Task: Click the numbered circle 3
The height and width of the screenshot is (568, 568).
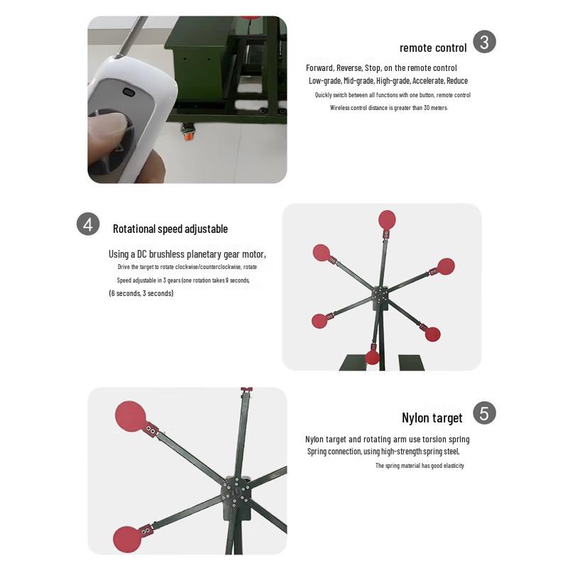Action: pyautogui.click(x=484, y=42)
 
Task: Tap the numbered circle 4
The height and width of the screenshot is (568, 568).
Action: pyautogui.click(x=88, y=224)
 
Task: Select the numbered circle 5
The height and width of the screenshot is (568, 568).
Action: pyautogui.click(x=484, y=413)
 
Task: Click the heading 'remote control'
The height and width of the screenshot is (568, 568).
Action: pyautogui.click(x=433, y=48)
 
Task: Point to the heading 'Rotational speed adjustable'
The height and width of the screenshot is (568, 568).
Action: pyautogui.click(x=170, y=229)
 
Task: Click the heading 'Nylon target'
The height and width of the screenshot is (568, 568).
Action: pyautogui.click(x=432, y=418)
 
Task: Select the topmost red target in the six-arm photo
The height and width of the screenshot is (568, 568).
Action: pyautogui.click(x=387, y=219)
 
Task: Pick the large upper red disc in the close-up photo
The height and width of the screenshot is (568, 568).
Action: pyautogui.click(x=130, y=415)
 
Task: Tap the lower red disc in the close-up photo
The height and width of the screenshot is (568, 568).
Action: pyautogui.click(x=128, y=539)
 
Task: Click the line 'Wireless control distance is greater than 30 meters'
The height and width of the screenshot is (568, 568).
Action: pyautogui.click(x=388, y=108)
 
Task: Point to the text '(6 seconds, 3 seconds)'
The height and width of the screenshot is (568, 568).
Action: pyautogui.click(x=141, y=293)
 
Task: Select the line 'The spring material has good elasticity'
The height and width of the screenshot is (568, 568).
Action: pyautogui.click(x=420, y=466)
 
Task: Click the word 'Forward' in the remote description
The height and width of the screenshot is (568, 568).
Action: pyautogui.click(x=319, y=68)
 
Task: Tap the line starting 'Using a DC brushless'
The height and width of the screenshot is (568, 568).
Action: pyautogui.click(x=187, y=254)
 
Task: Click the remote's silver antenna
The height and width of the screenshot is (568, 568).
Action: pyautogui.click(x=131, y=36)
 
